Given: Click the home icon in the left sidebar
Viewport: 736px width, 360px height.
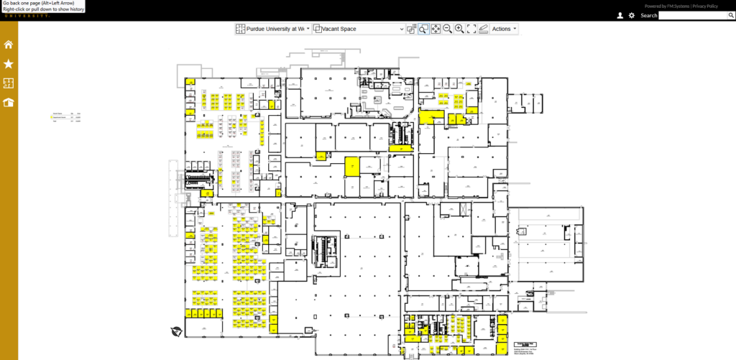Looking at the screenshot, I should point(9,45).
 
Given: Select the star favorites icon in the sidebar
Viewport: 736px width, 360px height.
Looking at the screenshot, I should point(9,64).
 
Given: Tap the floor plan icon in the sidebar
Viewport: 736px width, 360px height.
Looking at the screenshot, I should point(9,83).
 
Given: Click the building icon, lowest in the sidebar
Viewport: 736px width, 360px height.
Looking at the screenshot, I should point(9,102).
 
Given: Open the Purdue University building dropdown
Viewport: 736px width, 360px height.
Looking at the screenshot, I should point(273,29).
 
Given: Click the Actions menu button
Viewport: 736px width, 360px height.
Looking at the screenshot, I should point(504,29).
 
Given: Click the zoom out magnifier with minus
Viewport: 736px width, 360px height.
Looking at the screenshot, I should point(447,29).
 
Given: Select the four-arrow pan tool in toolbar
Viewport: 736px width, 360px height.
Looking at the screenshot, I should point(436,29).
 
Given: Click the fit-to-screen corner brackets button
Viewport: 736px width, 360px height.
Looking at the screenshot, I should point(471,29).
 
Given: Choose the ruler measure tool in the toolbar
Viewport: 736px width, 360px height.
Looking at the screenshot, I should point(483,29).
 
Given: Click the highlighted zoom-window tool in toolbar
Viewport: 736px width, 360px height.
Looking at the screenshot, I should point(423,29).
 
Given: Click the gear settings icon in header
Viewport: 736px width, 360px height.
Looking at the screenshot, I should point(632,15).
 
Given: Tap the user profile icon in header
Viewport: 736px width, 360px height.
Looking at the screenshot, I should point(620,15).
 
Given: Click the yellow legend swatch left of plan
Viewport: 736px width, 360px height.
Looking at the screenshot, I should point(52,116).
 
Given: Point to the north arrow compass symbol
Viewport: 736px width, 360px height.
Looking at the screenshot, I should point(176,331).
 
